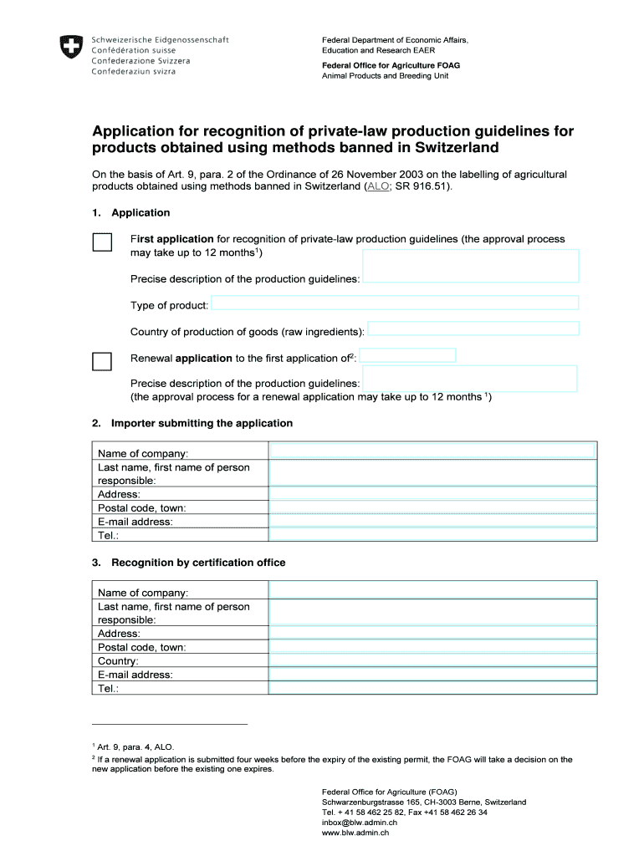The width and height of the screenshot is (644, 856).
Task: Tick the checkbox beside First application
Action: pos(102,242)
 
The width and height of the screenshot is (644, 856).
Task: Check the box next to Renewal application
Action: pos(102,361)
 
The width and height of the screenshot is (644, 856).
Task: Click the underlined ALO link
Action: pos(378,187)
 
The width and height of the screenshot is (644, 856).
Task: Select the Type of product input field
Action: pos(395,303)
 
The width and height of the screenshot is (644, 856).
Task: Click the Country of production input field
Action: pos(473,329)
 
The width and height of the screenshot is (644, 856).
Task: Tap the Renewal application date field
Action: pos(407,355)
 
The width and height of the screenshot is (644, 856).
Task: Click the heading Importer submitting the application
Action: pos(202,423)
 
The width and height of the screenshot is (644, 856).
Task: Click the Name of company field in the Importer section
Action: pos(432,451)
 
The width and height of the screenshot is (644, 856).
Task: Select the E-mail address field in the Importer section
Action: pos(432,521)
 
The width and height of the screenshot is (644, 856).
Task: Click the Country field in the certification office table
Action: pos(432,660)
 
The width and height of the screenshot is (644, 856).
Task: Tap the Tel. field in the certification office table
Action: pos(432,688)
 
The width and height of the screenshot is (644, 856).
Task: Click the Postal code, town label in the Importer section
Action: pos(142,507)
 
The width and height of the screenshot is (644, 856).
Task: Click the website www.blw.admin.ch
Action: pos(355,833)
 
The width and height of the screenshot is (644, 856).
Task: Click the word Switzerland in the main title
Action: pos(452,148)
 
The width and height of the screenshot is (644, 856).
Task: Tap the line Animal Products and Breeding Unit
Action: pos(386,76)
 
